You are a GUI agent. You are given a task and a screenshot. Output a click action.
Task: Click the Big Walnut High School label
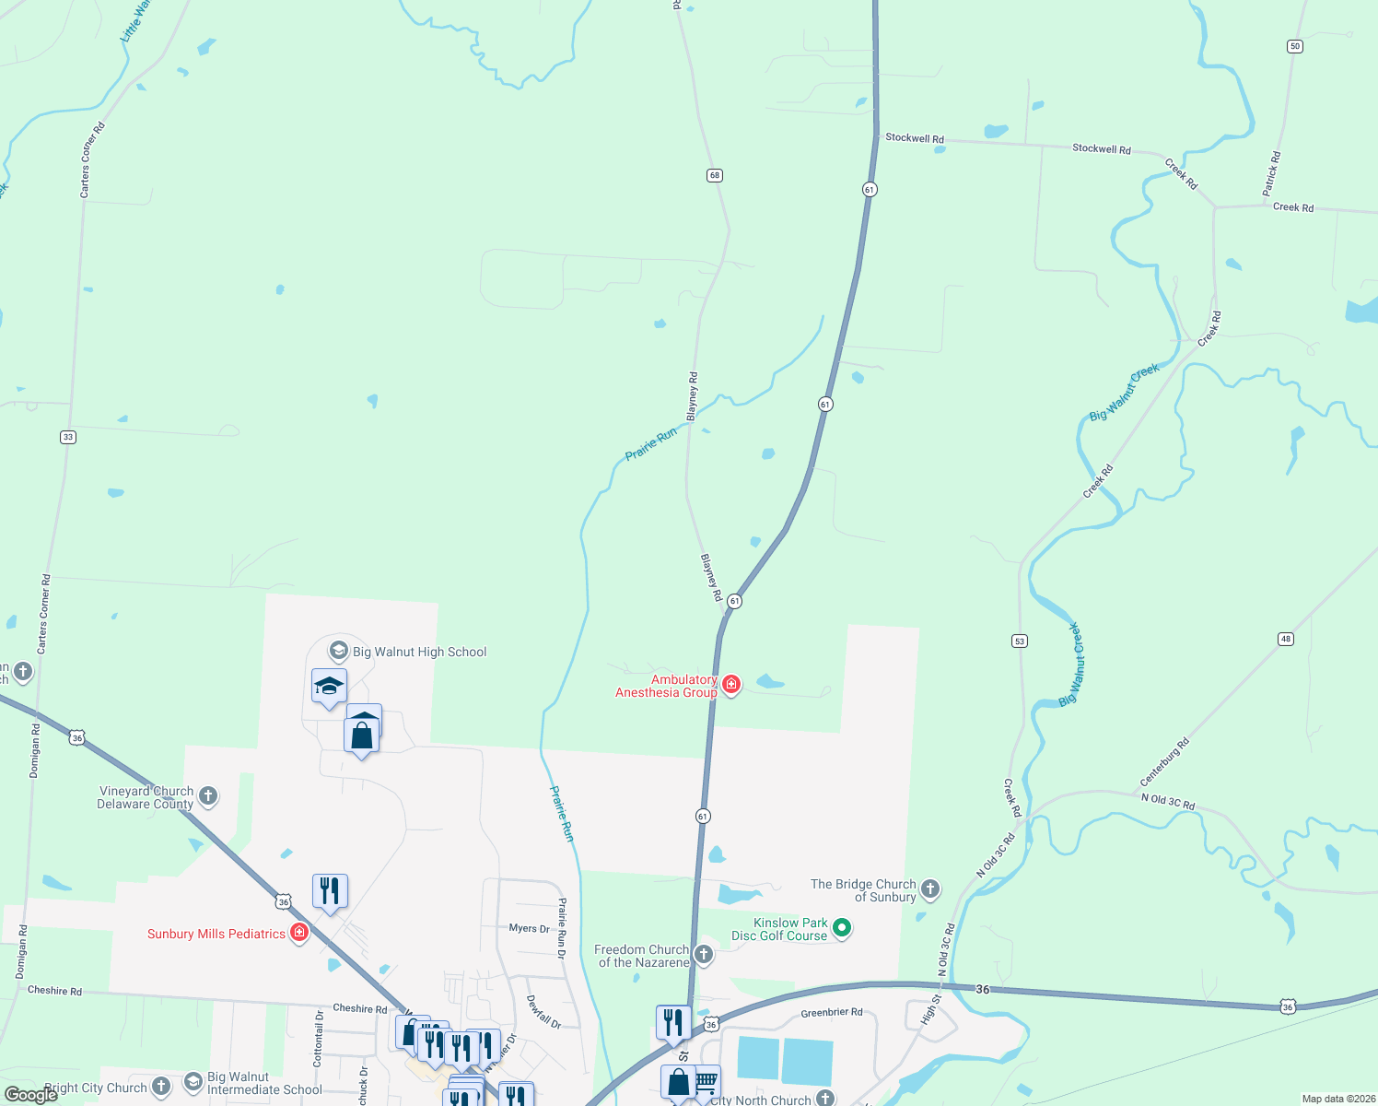tap(419, 652)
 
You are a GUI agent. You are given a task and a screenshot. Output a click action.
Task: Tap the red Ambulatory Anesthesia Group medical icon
tap(731, 684)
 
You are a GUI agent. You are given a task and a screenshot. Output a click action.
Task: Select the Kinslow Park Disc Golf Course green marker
tap(842, 928)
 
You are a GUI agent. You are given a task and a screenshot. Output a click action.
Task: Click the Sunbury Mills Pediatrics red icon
tap(299, 933)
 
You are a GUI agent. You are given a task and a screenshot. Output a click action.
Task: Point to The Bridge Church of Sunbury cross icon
tap(930, 888)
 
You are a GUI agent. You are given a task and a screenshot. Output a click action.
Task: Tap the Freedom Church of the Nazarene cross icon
tap(704, 954)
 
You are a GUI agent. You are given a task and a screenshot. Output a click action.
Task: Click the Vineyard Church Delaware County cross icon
tap(208, 795)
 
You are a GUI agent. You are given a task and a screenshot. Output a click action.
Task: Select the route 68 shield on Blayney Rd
tap(715, 175)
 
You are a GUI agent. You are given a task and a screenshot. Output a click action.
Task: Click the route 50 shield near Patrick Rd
tap(1295, 46)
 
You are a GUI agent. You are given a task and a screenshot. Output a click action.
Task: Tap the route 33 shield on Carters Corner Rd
tap(68, 437)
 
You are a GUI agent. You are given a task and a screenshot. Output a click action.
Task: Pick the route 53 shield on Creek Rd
tap(1019, 641)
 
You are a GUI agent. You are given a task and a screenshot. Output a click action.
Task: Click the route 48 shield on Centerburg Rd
tap(1286, 639)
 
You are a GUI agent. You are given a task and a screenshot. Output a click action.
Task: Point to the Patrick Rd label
tap(1271, 173)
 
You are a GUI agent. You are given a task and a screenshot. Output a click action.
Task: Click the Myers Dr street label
tap(529, 928)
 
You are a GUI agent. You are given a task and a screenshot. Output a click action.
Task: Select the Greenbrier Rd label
tap(832, 1012)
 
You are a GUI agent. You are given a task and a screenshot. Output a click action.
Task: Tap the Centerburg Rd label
tap(1164, 762)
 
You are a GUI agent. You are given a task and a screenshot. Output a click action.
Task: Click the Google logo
tap(30, 1095)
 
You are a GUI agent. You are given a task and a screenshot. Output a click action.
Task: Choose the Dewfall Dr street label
tap(543, 1011)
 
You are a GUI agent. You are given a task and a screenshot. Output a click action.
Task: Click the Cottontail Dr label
tap(318, 1039)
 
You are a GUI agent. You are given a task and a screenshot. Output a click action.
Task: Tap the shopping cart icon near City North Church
tap(707, 1080)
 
